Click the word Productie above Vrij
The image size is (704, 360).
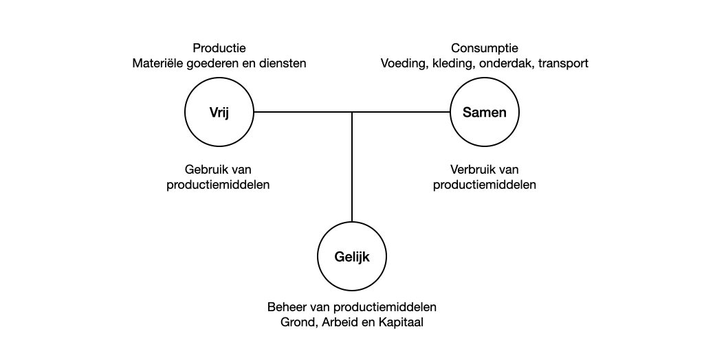219,48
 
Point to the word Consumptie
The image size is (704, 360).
485,48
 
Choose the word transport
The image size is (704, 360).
563,64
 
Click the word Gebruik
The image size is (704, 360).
205,170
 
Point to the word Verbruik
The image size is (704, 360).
471,170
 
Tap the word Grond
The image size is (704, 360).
294,323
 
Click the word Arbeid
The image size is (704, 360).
334,322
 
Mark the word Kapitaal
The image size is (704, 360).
401,323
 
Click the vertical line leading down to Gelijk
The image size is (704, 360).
352,167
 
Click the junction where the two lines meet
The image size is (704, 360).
352,112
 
